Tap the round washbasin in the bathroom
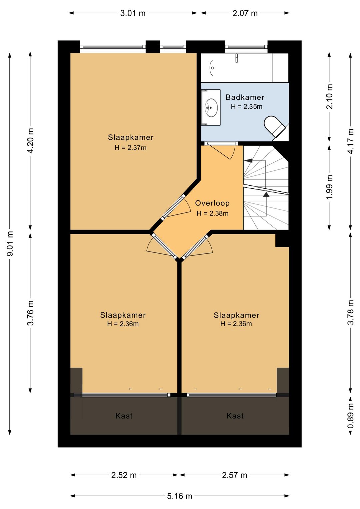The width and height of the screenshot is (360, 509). tap(211, 107)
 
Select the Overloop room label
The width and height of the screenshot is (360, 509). tap(212, 203)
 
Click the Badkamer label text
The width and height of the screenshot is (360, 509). tap(245, 97)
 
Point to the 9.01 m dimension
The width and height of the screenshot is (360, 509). tap(10, 243)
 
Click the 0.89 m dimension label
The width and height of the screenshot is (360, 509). tap(351, 416)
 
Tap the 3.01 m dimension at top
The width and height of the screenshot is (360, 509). tap(133, 13)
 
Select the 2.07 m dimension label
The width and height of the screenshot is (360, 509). tap(245, 13)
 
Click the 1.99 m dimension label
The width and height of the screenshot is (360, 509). tap(330, 187)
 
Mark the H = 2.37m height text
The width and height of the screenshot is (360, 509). tap(130, 148)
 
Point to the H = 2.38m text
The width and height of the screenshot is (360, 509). tap(212, 213)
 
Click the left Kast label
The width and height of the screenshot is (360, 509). tap(124, 416)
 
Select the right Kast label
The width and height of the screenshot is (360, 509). tap(235, 416)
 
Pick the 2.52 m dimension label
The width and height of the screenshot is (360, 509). tap(124, 475)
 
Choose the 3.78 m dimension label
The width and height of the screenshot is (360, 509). tap(351, 312)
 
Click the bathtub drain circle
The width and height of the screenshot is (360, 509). tap(213, 68)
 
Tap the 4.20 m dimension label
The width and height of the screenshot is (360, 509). tap(30, 141)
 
